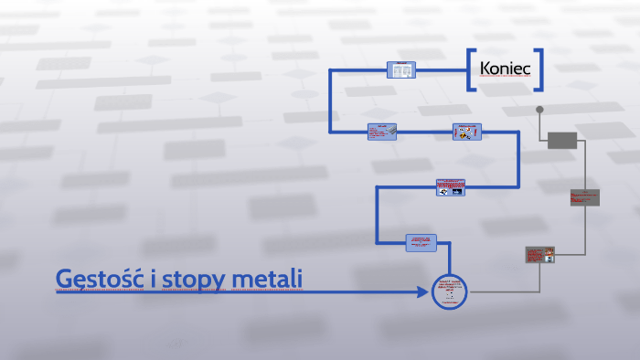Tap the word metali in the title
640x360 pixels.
point(269,277)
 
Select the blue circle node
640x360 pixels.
point(449,292)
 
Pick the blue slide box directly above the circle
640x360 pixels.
point(421,242)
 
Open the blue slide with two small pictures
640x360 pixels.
point(450,186)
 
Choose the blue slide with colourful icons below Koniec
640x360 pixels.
point(466,132)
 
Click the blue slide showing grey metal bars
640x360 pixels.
point(381,132)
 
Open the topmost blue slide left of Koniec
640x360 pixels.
point(400,69)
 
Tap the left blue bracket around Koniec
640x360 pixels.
point(471,69)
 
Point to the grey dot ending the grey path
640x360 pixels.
point(539,110)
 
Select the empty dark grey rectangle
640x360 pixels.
point(562,140)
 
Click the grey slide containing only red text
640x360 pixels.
point(584,197)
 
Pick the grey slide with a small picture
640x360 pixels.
point(539,255)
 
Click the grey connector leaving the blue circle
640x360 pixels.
point(498,292)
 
